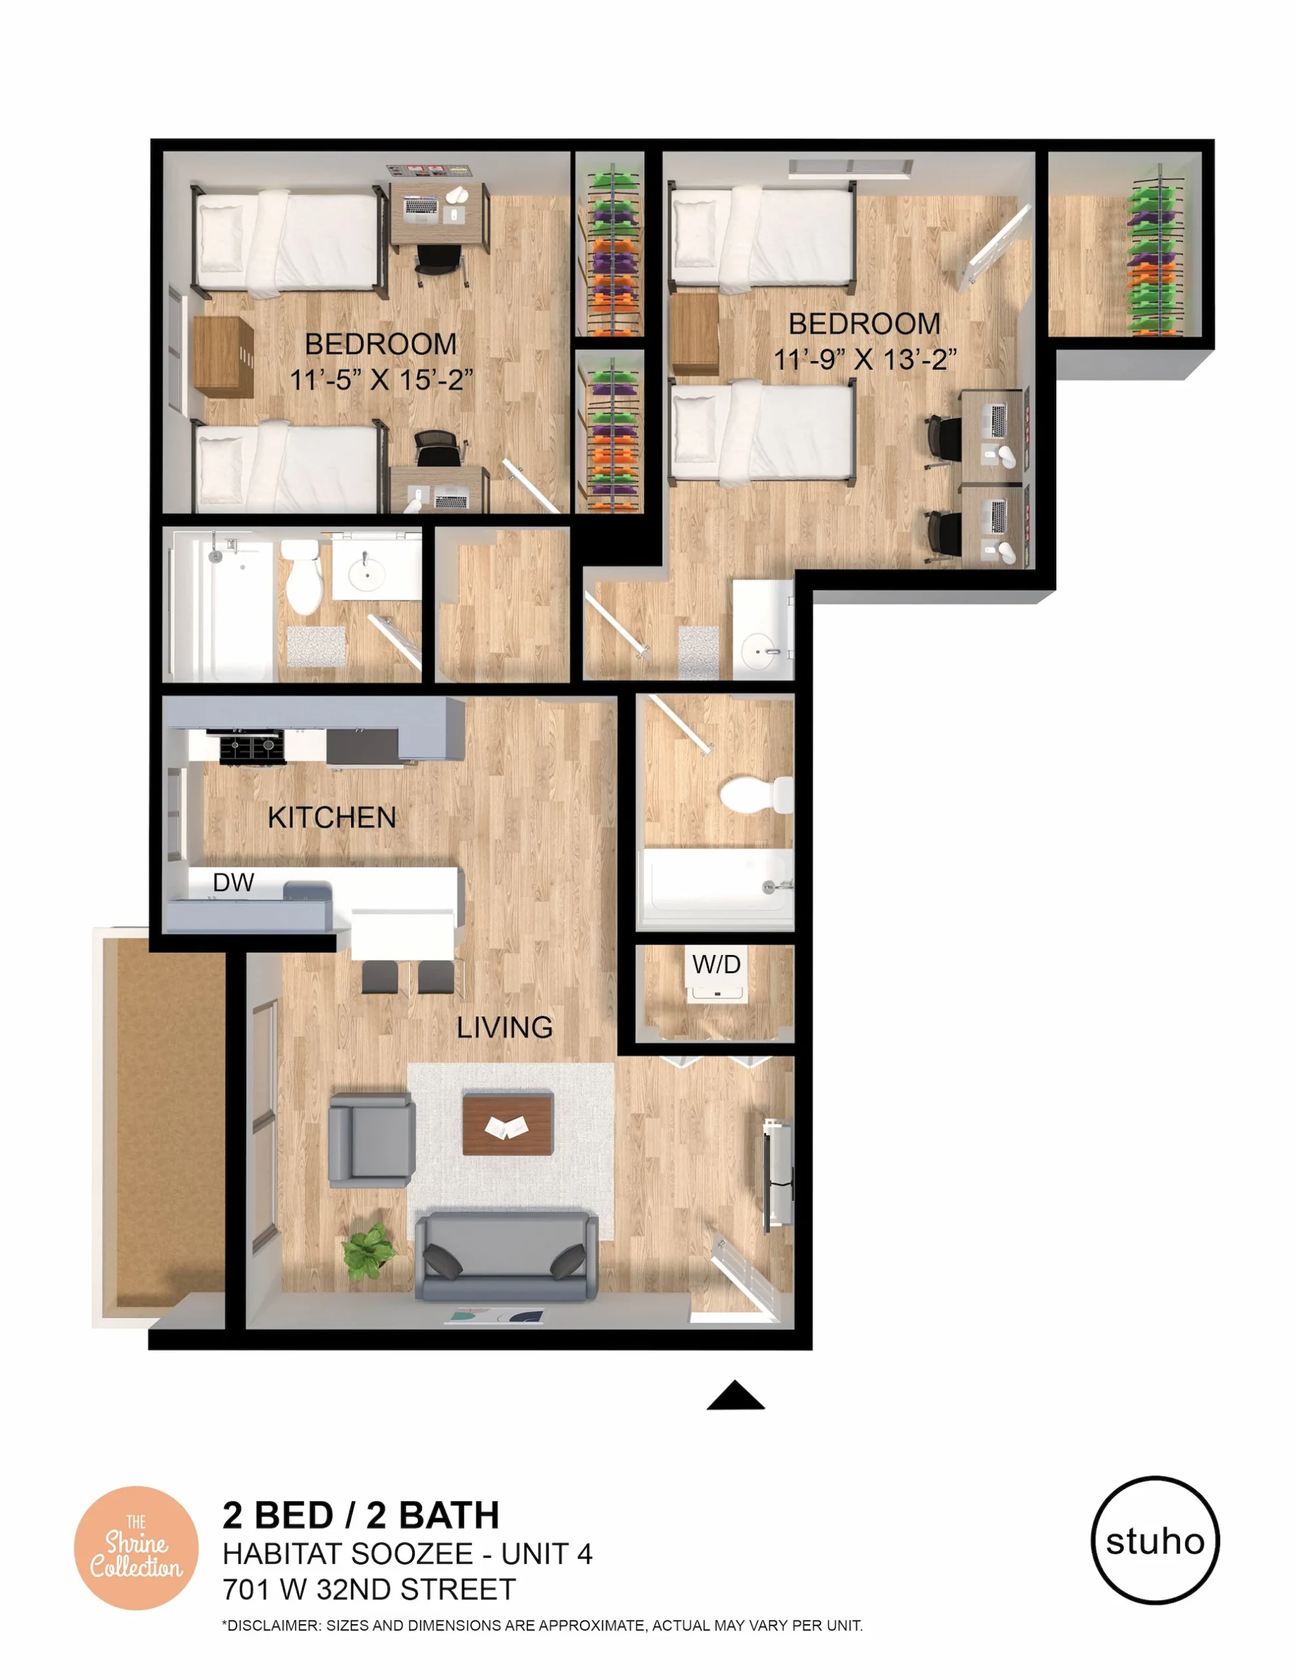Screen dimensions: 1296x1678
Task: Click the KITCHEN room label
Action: [x=332, y=817]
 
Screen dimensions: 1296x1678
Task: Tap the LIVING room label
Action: [x=505, y=1027]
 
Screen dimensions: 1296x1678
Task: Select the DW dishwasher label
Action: [x=233, y=882]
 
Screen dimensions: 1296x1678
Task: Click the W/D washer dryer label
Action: [x=716, y=964]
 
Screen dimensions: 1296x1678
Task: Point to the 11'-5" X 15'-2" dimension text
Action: [x=381, y=380]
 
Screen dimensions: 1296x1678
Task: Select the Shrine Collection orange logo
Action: [x=136, y=1548]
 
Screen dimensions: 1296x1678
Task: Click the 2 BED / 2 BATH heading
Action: [x=361, y=1515]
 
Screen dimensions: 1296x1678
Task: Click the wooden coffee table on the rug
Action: [x=508, y=1124]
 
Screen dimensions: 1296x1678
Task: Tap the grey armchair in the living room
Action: [x=371, y=1139]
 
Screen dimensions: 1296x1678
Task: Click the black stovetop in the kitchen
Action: [x=252, y=747]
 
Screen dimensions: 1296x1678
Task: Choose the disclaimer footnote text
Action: [x=542, y=1626]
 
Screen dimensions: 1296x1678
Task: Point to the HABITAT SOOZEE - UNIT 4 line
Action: [x=407, y=1553]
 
